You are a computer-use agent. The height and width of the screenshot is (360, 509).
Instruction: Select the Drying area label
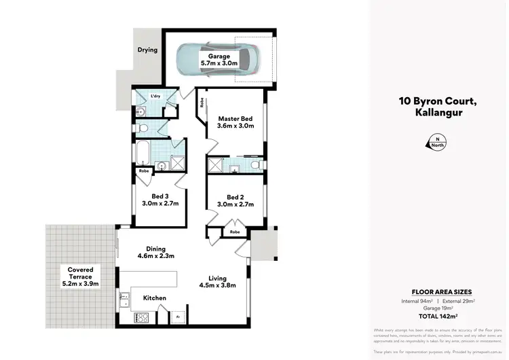[147, 50]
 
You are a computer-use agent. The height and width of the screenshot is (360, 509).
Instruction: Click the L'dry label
[155, 96]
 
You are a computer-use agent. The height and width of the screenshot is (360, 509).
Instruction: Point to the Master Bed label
[235, 118]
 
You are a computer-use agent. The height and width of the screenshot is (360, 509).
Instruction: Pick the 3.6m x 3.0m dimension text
[235, 126]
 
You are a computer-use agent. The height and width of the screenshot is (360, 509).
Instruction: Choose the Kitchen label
[155, 298]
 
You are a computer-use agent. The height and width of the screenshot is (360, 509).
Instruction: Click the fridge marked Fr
[178, 317]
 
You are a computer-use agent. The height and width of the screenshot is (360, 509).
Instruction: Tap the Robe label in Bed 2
[235, 232]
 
